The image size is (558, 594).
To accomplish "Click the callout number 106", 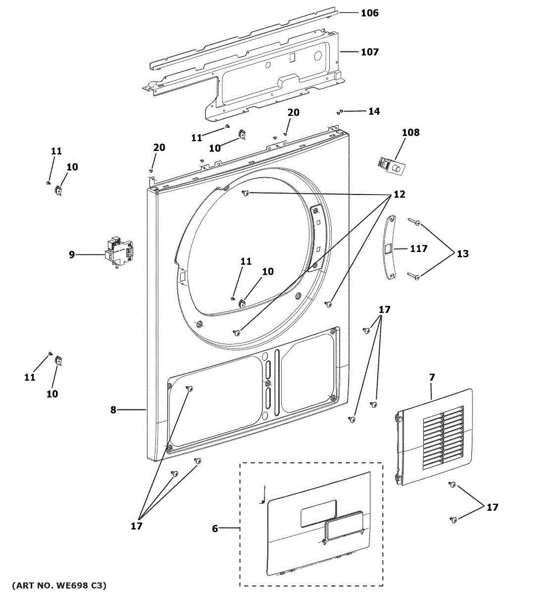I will tap(369, 13).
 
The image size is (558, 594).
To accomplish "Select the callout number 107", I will tap(369, 51).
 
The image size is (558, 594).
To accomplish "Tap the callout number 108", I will tap(410, 132).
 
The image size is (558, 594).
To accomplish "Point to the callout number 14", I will tap(374, 111).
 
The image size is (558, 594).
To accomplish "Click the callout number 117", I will tap(418, 248).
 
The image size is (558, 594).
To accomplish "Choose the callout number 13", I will tap(462, 253).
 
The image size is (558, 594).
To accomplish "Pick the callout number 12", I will tap(399, 195).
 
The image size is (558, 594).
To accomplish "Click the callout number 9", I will tap(72, 254).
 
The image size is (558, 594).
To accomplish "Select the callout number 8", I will tap(113, 410).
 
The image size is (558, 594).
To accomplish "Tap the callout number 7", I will tap(432, 377).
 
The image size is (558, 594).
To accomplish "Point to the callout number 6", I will tap(215, 529).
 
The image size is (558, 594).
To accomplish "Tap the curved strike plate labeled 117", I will tap(391, 247).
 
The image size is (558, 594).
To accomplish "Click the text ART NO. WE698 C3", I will tap(58, 586).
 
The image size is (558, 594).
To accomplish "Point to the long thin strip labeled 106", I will tap(243, 37).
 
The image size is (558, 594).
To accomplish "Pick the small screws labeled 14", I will tap(339, 112).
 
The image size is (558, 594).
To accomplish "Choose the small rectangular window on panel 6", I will tap(318, 512).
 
